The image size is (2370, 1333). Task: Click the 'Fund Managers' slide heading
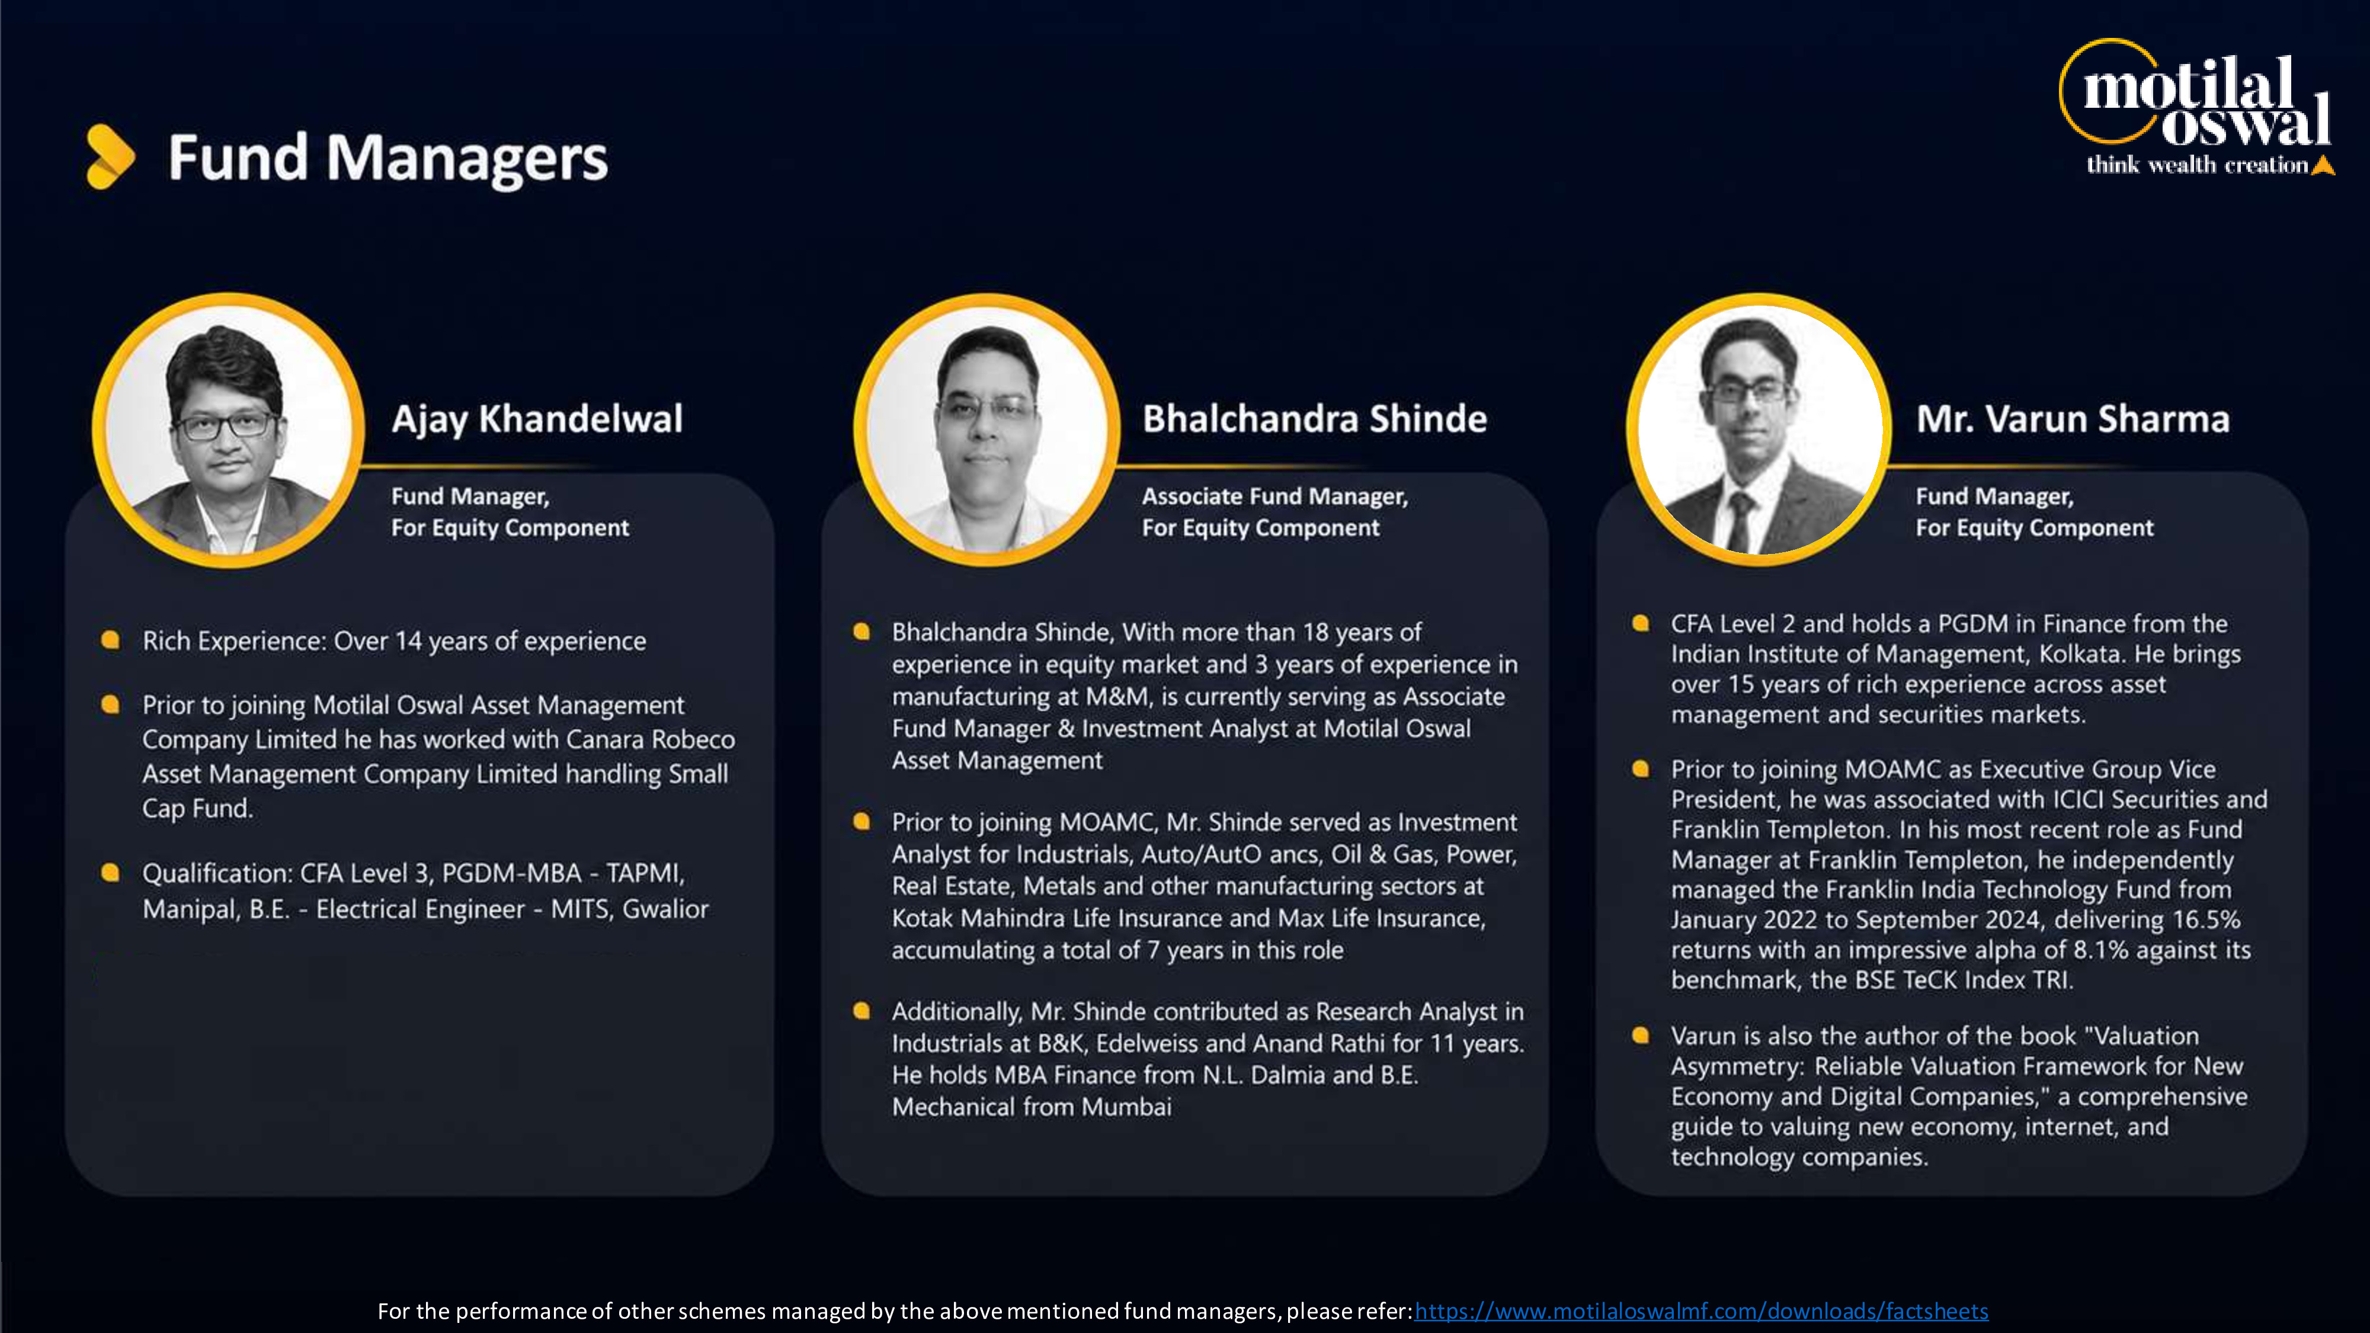[x=387, y=158]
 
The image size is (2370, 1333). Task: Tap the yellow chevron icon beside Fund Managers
[x=110, y=156]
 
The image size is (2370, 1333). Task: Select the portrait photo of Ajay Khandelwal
[x=229, y=430]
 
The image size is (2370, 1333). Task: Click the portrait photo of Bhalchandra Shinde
[x=987, y=430]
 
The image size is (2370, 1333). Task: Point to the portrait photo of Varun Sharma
[x=1759, y=430]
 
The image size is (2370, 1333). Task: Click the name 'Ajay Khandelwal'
[x=537, y=419]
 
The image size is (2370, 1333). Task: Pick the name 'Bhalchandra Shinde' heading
[x=1315, y=419]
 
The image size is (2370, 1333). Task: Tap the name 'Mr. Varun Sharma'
[x=2073, y=419]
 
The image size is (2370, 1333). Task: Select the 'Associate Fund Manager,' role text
[x=1275, y=497]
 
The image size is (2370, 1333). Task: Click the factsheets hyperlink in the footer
[x=1701, y=1311]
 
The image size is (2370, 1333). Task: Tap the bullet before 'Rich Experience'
[x=110, y=639]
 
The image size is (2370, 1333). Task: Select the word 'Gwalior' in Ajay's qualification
[x=665, y=909]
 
